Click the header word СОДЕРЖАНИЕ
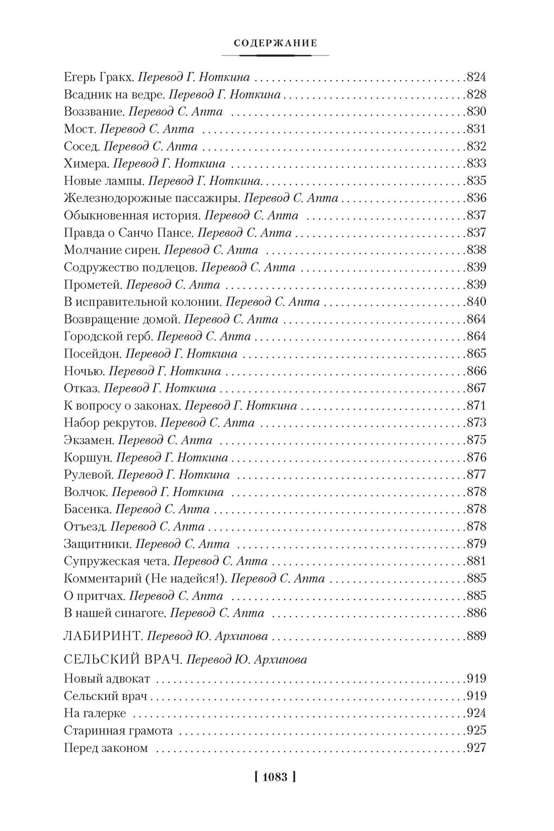[x=276, y=43]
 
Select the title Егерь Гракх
[x=98, y=77]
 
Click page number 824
[x=476, y=77]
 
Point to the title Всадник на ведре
[x=114, y=95]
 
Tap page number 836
[x=476, y=198]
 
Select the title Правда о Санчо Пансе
[x=129, y=233]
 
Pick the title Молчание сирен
[x=112, y=250]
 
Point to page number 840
[x=476, y=302]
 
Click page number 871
[x=476, y=406]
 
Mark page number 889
[x=476, y=636]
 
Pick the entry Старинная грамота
[x=118, y=731]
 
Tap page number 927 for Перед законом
[x=476, y=748]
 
